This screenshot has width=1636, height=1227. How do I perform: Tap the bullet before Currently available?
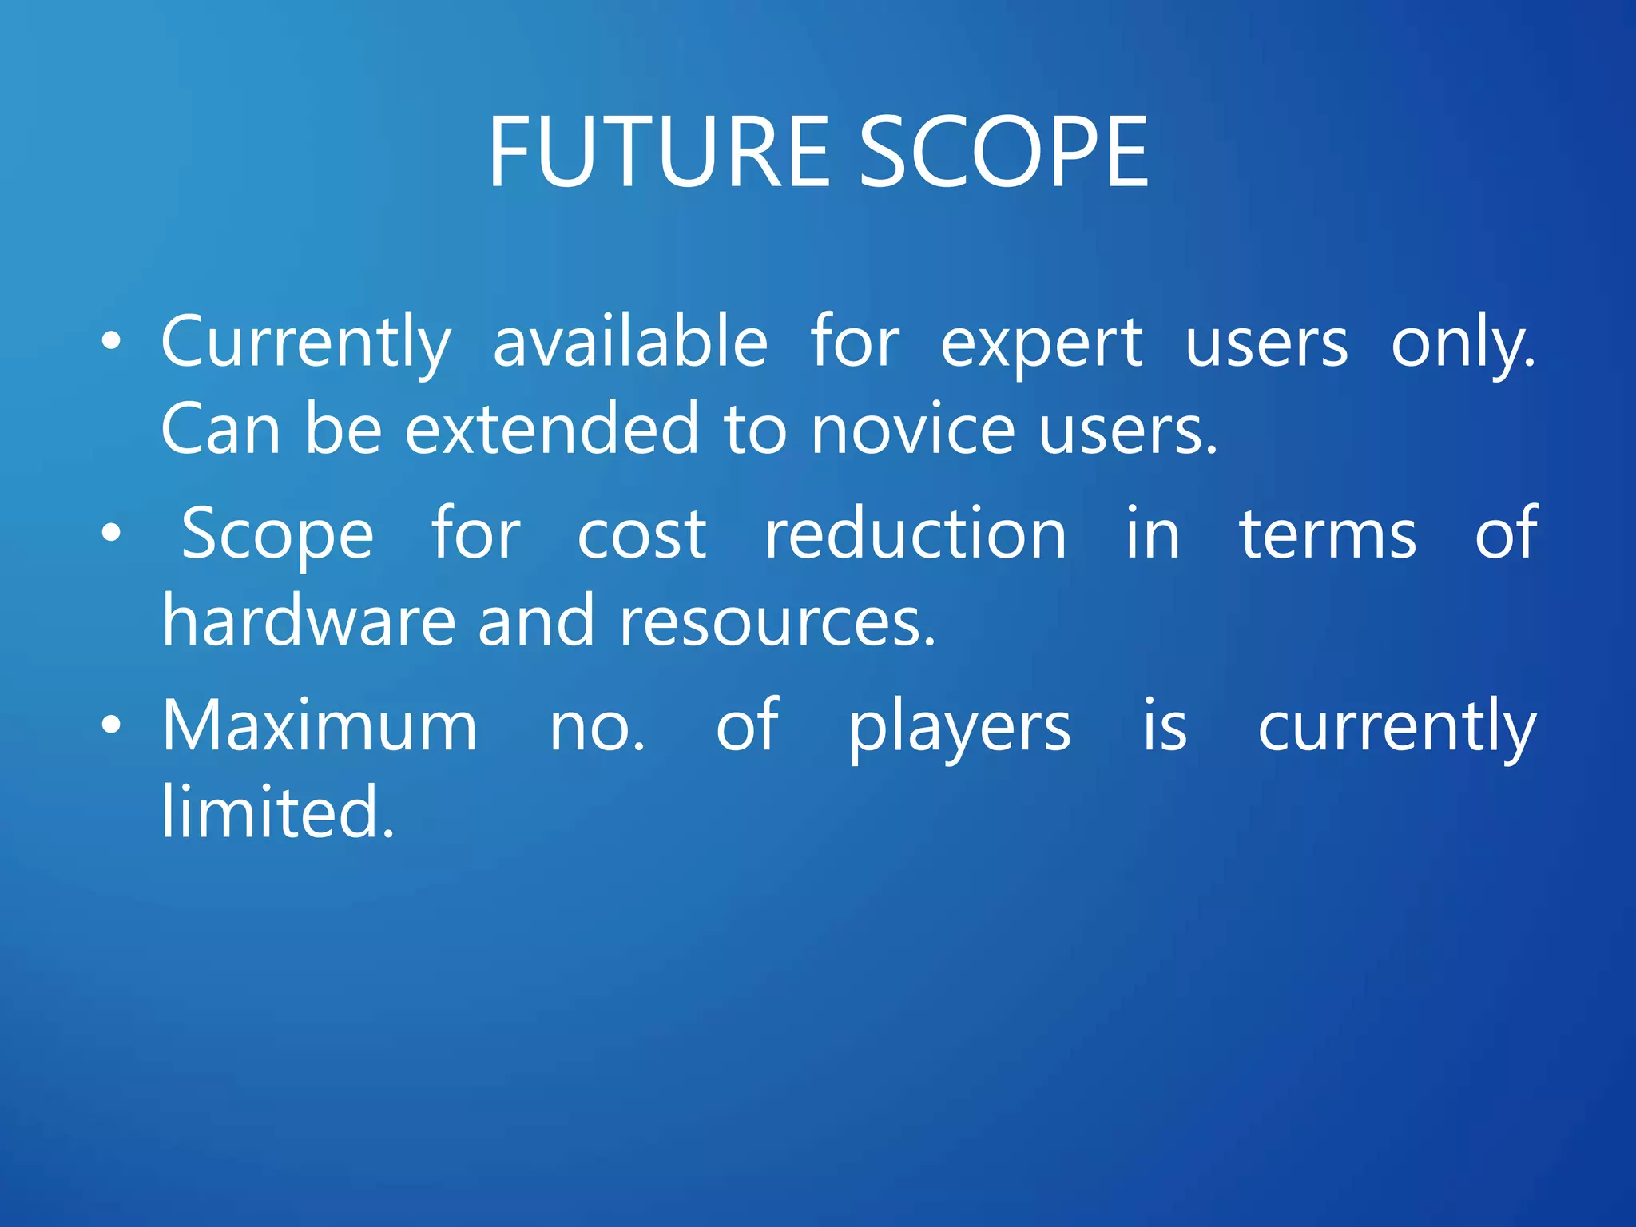(x=112, y=342)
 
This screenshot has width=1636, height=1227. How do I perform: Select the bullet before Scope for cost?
(x=112, y=533)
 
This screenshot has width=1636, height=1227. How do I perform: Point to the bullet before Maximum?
(x=112, y=725)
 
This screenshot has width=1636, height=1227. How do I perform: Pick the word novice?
(x=913, y=430)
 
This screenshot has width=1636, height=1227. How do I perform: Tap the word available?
(x=630, y=342)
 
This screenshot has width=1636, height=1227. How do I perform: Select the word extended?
(x=553, y=430)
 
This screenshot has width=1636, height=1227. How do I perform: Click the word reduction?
(x=915, y=534)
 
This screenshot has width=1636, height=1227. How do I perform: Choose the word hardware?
(x=308, y=621)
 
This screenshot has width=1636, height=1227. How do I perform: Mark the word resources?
(x=776, y=622)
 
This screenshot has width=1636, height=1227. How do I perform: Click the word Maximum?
(x=320, y=725)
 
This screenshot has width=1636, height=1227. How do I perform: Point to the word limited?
(x=277, y=812)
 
